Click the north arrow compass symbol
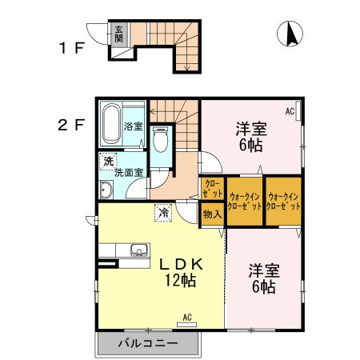pyautogui.click(x=290, y=34)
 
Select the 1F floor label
pyautogui.click(x=70, y=47)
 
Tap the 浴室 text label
pyautogui.click(x=134, y=126)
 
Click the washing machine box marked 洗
pyautogui.click(x=107, y=161)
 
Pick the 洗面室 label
pyautogui.click(x=128, y=172)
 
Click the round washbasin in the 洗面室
pyautogui.click(x=107, y=190)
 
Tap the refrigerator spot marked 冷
pyautogui.click(x=162, y=213)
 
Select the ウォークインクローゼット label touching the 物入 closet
pyautogui.click(x=244, y=201)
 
